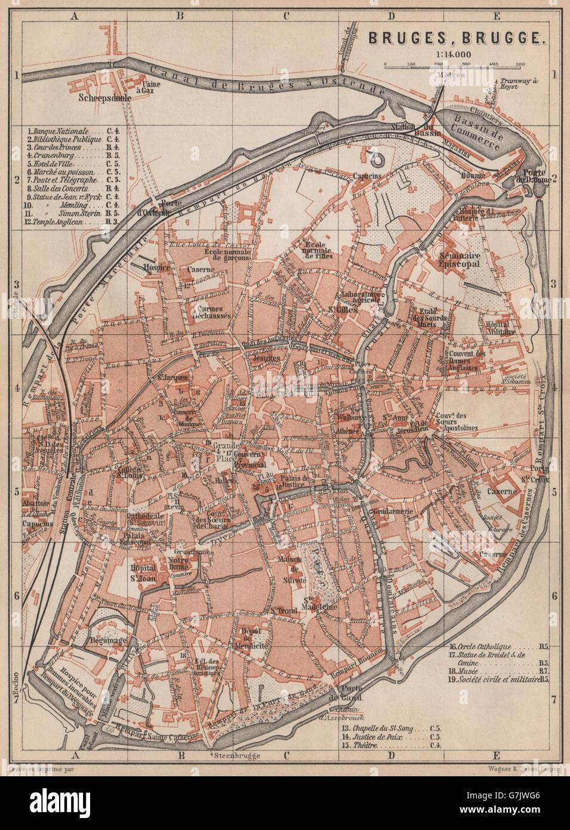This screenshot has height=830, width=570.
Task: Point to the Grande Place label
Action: (227, 449)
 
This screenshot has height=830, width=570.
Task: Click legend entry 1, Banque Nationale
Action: (66, 130)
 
